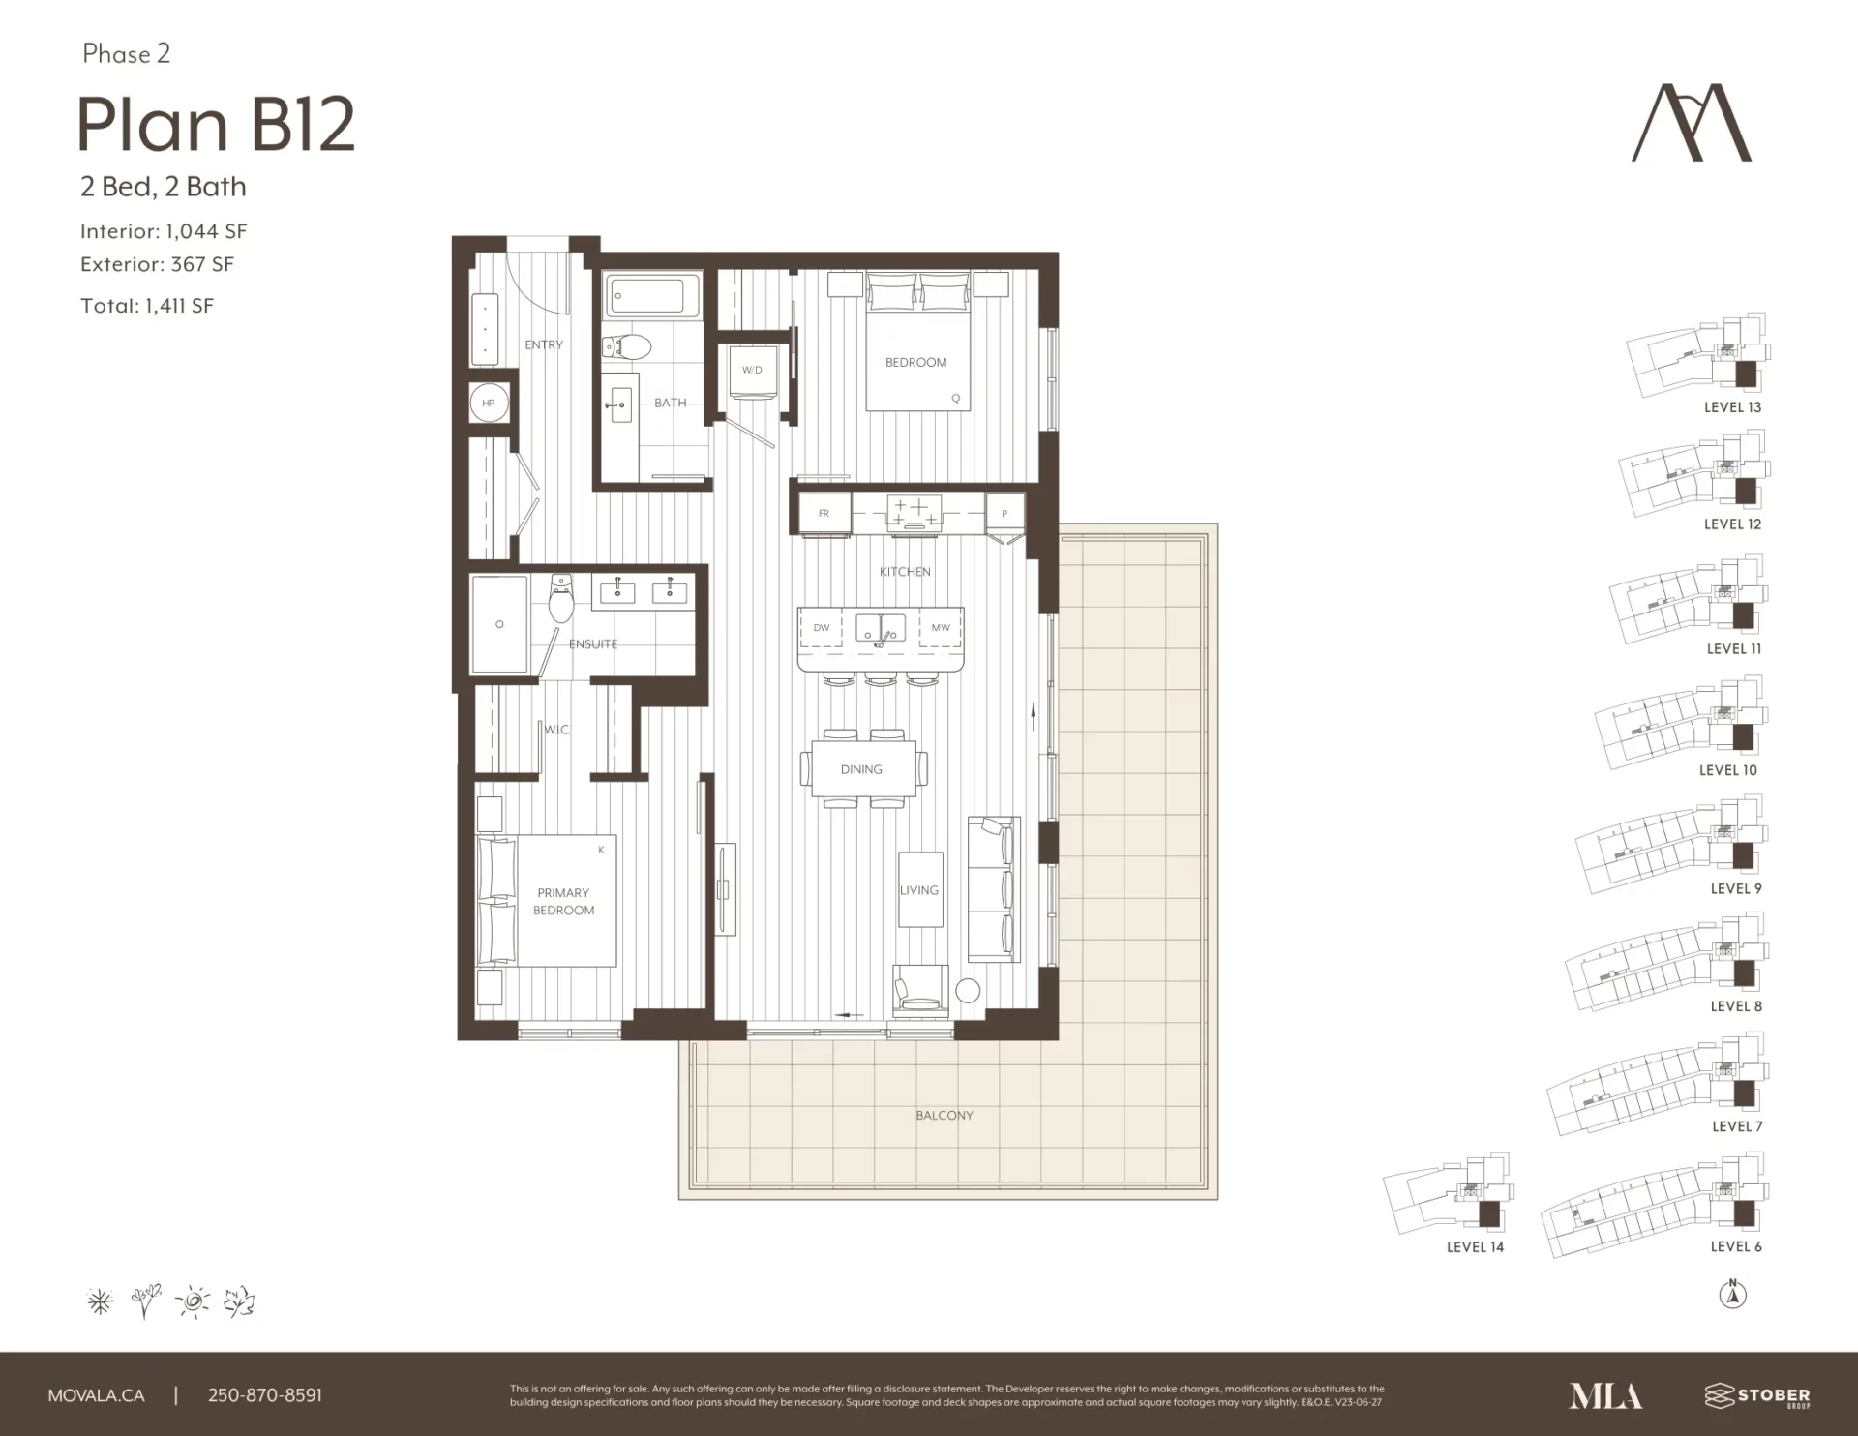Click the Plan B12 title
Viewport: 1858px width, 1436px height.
[216, 125]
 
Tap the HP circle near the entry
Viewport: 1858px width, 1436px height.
[489, 403]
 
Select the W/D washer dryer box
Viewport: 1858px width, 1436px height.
[753, 372]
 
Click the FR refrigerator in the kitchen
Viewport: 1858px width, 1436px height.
[824, 513]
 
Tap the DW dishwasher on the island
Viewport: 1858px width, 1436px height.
[822, 628]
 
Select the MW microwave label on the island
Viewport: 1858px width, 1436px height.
[941, 628]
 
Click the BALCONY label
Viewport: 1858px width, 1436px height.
[944, 1116]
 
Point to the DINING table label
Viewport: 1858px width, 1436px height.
[861, 769]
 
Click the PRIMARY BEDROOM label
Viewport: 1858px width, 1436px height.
[563, 901]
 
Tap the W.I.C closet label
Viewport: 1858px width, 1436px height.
[556, 730]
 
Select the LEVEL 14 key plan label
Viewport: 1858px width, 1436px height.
[1475, 1247]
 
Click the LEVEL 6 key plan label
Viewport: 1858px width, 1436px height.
[1736, 1246]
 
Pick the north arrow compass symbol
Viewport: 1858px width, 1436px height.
[1732, 1294]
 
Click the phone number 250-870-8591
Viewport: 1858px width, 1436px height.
[265, 1395]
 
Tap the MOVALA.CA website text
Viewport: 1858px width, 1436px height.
[97, 1395]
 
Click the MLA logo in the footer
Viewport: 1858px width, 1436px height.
[1605, 1395]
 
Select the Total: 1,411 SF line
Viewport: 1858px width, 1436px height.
[147, 306]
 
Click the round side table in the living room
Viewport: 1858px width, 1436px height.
[968, 990]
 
